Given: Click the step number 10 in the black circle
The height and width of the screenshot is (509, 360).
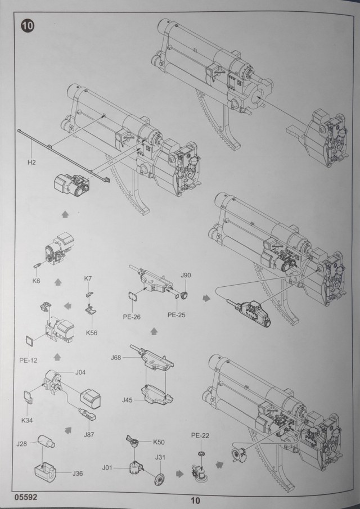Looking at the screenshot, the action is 26,25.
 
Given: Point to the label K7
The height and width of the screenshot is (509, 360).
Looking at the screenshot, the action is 87,279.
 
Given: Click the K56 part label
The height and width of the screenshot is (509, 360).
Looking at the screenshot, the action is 92,332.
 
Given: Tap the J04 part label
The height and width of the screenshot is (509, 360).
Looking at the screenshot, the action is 80,372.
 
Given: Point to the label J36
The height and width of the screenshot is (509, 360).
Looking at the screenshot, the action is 78,473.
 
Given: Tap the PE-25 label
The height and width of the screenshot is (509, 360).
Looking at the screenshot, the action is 176,315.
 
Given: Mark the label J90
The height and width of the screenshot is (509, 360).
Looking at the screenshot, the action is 186,275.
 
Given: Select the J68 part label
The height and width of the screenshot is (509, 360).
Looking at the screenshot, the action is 116,358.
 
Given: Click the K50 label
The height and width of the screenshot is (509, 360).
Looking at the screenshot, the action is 159,442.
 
